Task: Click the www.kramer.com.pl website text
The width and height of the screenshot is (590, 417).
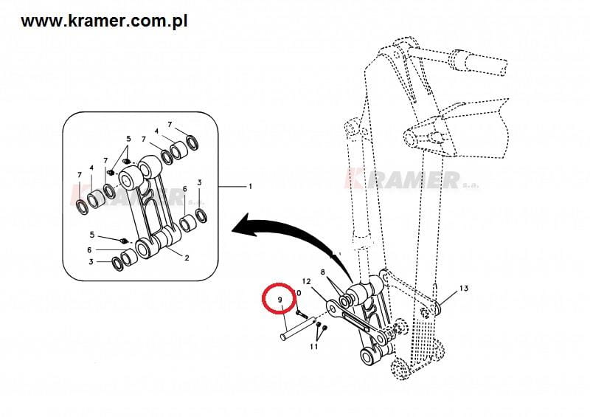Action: point(104,21)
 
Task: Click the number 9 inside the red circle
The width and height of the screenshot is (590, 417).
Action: point(280,300)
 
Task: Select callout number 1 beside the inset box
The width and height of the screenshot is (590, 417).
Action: point(250,187)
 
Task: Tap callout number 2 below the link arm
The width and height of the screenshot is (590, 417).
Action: point(187,258)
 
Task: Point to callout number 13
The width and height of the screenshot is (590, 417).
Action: point(464,289)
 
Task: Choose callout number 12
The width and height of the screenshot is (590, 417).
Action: point(307,281)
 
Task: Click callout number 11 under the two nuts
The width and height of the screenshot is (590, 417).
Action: point(314,347)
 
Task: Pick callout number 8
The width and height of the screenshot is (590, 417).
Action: point(323,272)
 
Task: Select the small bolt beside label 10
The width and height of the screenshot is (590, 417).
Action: point(302,313)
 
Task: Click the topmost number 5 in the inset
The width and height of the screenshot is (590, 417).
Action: point(128,139)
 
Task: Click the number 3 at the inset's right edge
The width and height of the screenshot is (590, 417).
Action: point(199,183)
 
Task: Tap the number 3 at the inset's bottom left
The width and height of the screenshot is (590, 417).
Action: point(91,261)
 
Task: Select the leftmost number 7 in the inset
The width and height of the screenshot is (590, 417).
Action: point(80,175)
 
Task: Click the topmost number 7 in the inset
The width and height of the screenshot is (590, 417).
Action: point(170,124)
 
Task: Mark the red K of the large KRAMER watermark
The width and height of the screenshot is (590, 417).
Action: point(355,179)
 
